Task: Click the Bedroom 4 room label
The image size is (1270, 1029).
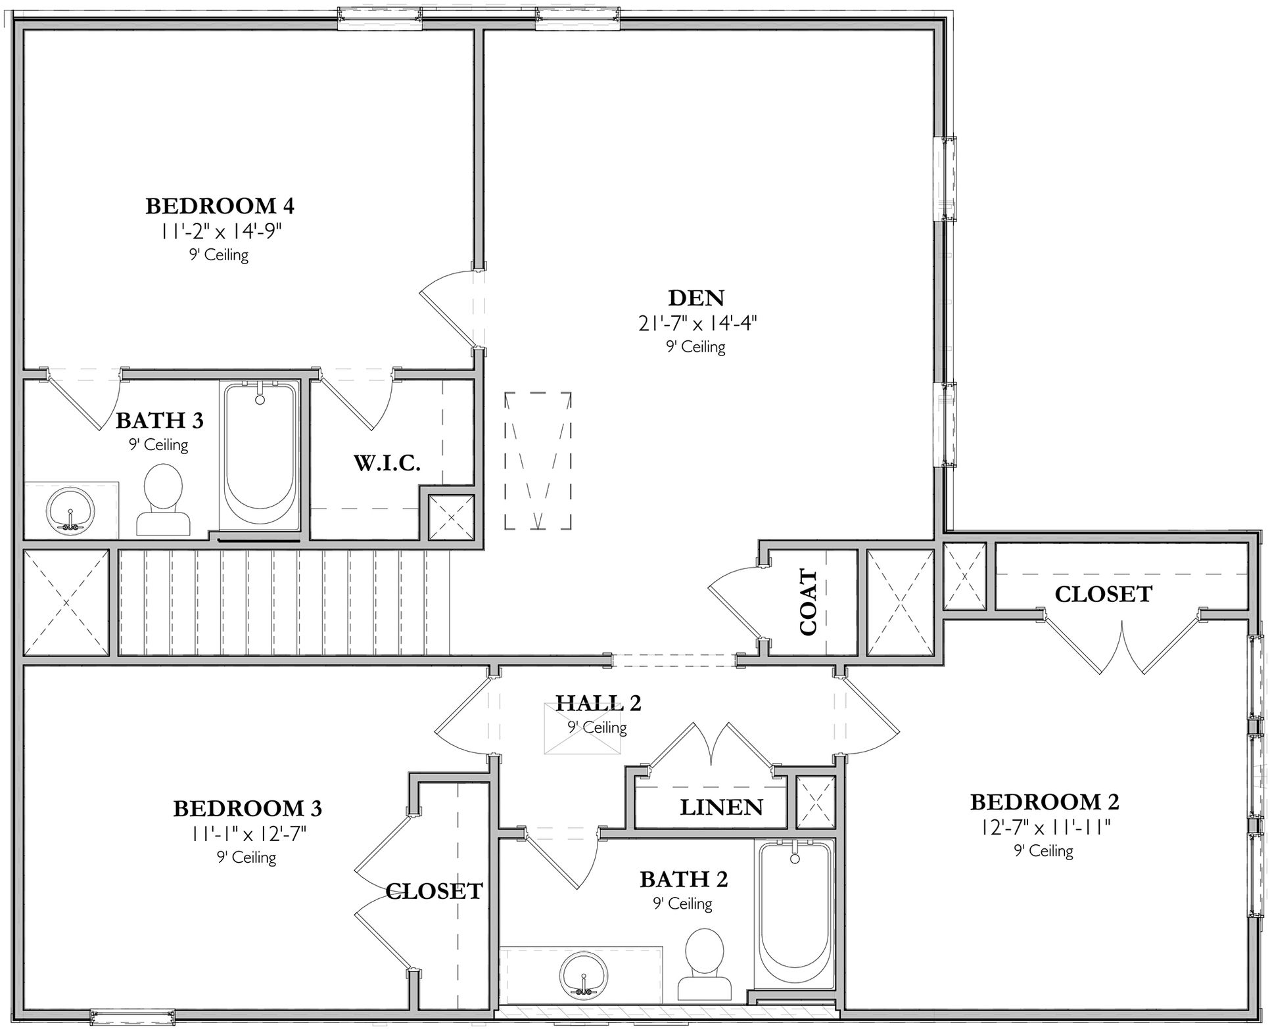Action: pos(220,206)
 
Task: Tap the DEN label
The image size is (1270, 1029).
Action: pos(696,298)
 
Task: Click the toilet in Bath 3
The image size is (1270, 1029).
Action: pos(163,499)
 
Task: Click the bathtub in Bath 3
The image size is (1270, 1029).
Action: pos(260,456)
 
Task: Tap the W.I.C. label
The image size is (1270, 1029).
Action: pos(387,463)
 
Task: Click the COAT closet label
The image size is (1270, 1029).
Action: pos(808,603)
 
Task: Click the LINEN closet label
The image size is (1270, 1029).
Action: pos(721,808)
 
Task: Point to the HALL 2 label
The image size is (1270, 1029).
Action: pos(598,703)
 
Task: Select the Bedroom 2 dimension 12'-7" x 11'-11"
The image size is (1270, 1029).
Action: pos(1045,827)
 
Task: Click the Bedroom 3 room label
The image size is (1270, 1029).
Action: pos(247,808)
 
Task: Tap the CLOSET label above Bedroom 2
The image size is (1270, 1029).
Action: pos(1103,595)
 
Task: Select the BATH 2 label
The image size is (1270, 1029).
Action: pos(684,879)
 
